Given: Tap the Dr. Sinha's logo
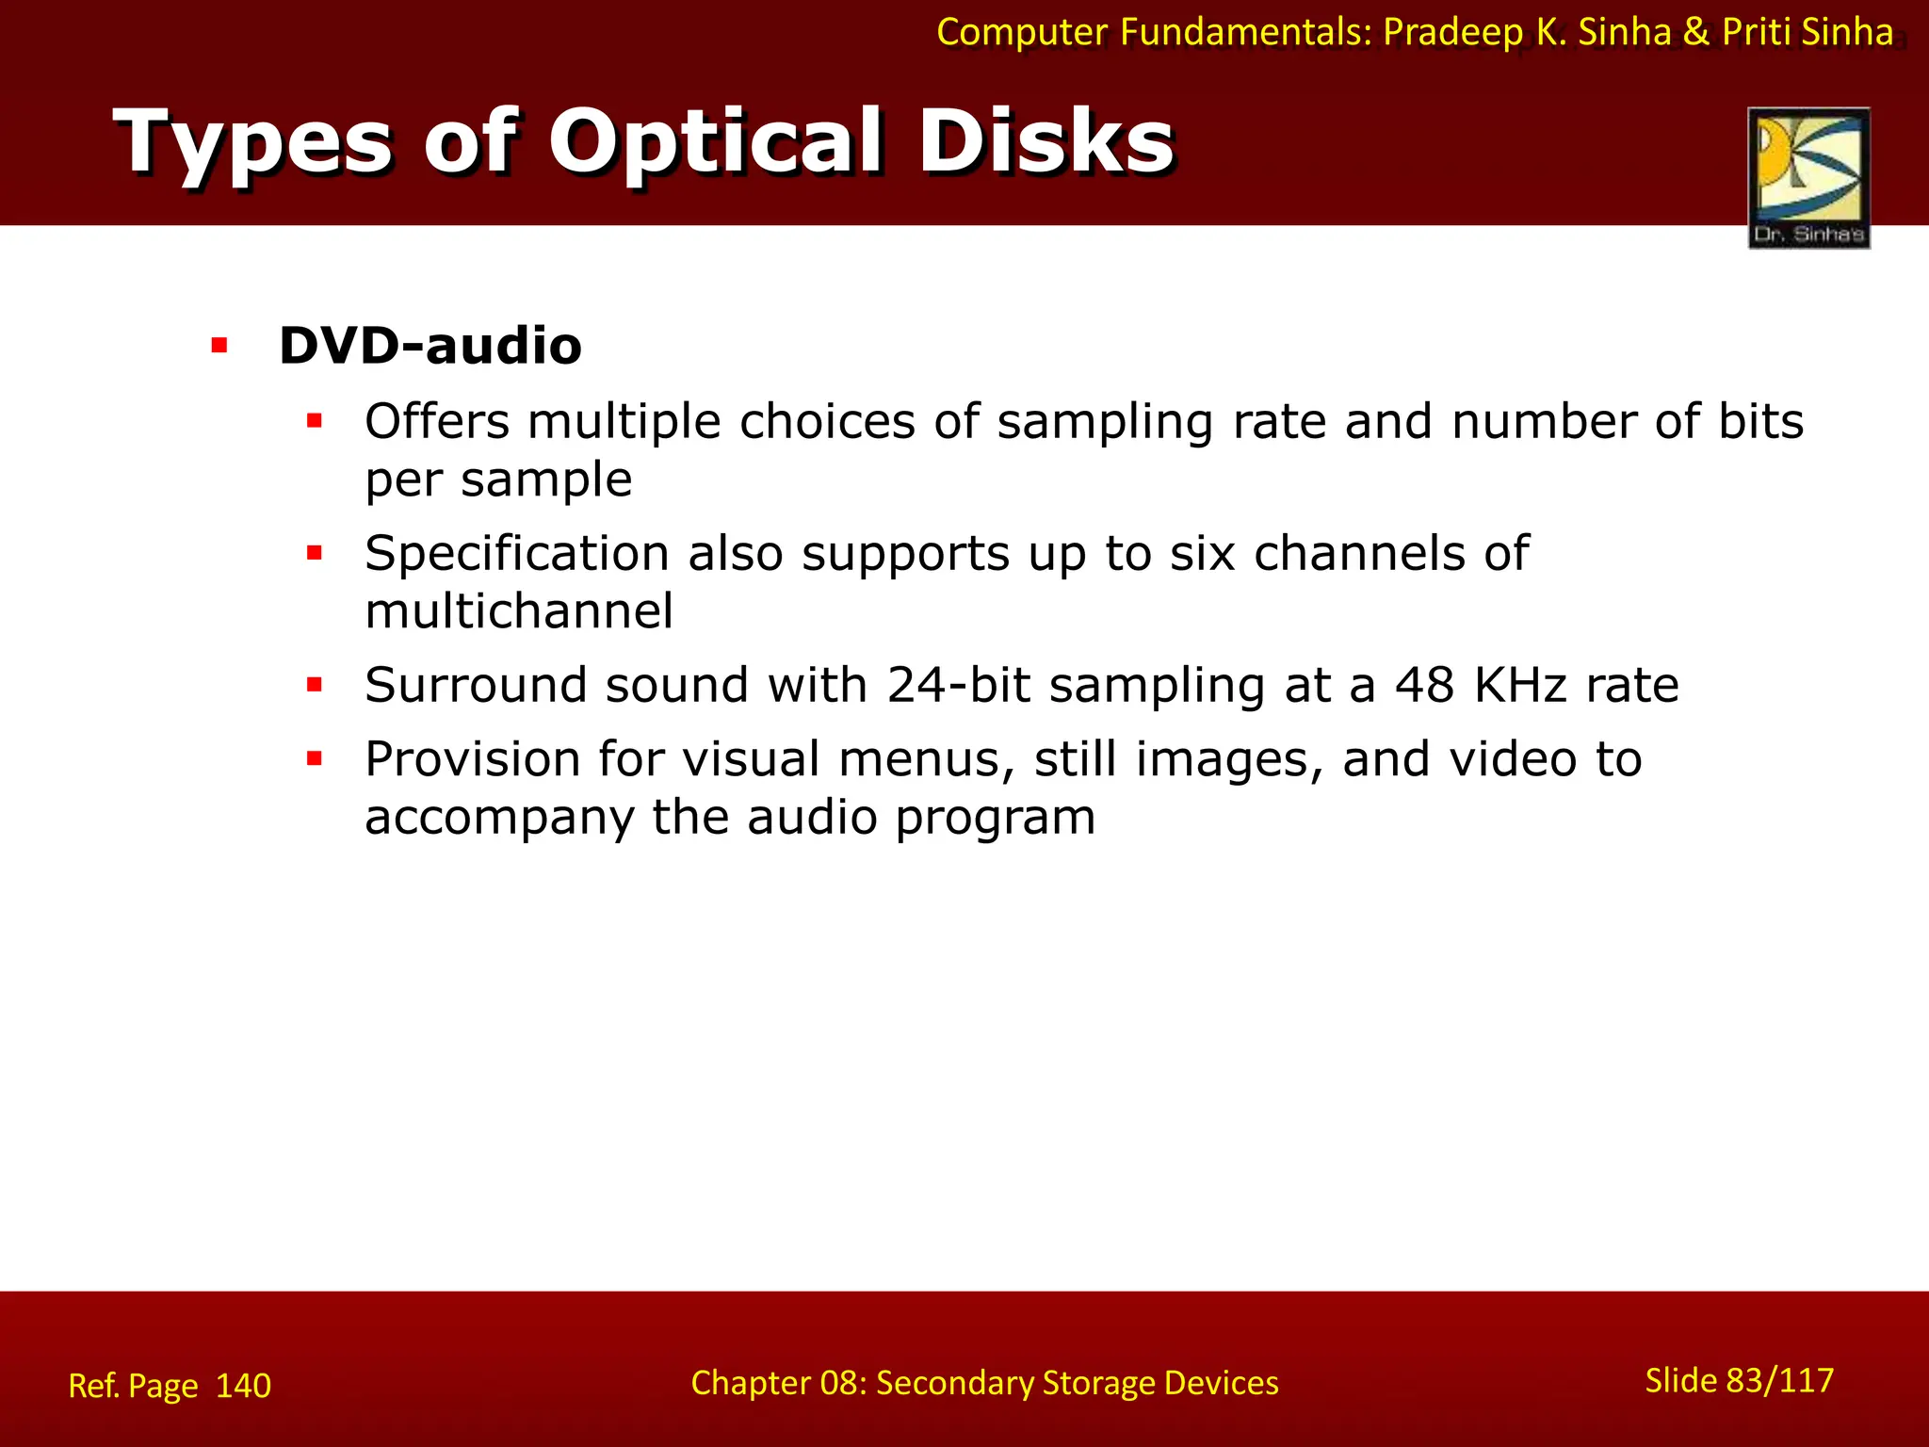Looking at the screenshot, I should (1808, 177).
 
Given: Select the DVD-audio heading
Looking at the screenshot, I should (430, 345).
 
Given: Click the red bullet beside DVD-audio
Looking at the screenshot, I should (219, 346).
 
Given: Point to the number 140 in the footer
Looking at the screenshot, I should (243, 1386).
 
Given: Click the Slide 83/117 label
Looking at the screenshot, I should (1739, 1380).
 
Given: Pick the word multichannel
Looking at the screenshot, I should (519, 611).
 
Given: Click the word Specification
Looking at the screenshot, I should (517, 553).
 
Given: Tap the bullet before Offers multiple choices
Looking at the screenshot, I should (315, 421).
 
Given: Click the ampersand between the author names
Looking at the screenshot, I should (1695, 32).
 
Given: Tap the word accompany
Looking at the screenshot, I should (499, 818).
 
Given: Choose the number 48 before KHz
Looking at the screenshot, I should (1425, 685).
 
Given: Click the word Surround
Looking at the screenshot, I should (476, 685).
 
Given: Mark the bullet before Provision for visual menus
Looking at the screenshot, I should (315, 758).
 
